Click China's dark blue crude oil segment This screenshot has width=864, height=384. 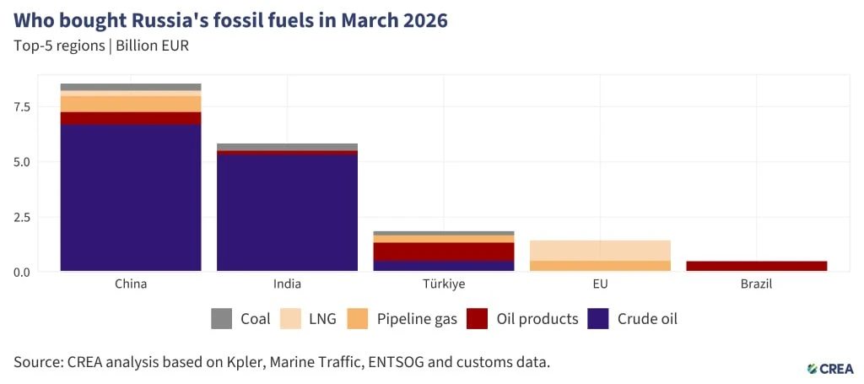tap(131, 197)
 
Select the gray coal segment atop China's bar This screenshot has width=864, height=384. tap(131, 87)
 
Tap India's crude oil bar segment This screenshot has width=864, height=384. tap(287, 214)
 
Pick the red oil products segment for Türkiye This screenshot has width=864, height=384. tap(444, 251)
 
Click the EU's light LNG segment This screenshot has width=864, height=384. tap(600, 251)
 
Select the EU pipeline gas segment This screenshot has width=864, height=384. tap(600, 266)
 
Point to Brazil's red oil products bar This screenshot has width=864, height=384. tap(757, 266)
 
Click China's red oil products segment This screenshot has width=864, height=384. tap(131, 118)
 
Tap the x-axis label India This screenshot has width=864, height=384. tap(287, 284)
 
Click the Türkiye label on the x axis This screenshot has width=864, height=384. tap(444, 284)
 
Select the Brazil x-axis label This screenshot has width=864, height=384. tap(757, 284)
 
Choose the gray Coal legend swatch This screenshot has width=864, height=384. tap(221, 319)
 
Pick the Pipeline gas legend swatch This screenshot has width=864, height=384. tap(358, 319)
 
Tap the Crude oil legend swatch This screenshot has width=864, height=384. tap(598, 319)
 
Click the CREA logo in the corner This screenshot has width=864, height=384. tap(830, 369)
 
